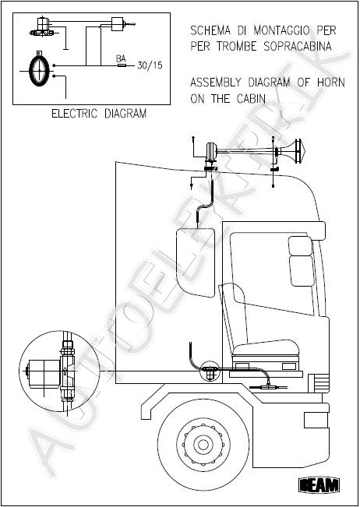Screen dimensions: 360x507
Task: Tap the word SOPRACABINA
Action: point(298,46)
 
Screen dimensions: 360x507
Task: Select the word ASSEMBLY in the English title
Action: point(217,83)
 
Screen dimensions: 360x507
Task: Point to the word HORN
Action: point(331,83)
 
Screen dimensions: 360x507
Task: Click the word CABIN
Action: point(251,99)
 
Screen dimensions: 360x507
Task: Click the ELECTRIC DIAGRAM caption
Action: point(99,114)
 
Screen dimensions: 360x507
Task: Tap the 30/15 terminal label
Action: point(150,65)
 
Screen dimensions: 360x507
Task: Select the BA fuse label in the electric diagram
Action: point(121,59)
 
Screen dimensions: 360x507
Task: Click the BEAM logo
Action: point(319,485)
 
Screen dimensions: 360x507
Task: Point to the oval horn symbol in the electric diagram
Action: point(39,70)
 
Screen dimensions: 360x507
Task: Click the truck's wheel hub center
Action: point(203,445)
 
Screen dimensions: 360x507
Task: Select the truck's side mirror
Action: point(196,262)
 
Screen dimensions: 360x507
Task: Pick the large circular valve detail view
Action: point(59,371)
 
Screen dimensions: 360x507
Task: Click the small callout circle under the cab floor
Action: point(210,371)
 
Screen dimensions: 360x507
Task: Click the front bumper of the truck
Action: point(316,420)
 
